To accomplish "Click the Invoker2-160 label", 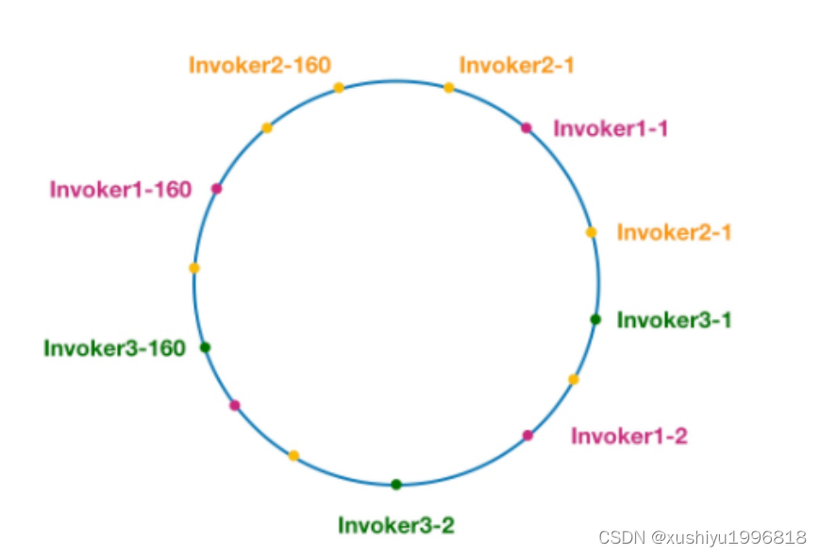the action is (260, 65).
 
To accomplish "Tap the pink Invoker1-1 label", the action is (611, 128).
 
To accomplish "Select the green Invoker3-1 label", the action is (674, 320).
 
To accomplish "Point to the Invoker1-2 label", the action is (629, 436).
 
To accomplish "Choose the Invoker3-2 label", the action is (396, 525).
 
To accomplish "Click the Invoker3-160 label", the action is (114, 348).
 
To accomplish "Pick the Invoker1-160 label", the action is (121, 190).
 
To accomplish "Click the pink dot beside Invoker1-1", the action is (527, 127).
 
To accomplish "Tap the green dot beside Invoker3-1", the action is (595, 319).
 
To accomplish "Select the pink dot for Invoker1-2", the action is (528, 435).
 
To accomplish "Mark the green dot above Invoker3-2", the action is (396, 484).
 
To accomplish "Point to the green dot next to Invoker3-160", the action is (205, 347).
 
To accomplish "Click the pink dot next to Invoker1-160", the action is (216, 189).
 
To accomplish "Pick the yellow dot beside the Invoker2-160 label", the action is (339, 88).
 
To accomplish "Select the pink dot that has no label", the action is (235, 406).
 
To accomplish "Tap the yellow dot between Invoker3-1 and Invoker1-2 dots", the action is (573, 379).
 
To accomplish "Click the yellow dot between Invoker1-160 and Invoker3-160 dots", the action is (194, 268).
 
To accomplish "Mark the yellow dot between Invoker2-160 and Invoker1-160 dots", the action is (267, 127).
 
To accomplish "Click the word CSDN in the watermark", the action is (621, 537).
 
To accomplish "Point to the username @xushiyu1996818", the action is (729, 537).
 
